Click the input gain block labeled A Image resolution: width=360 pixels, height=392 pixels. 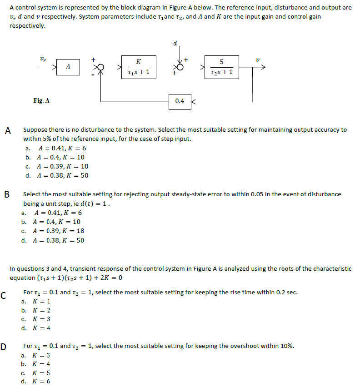click(68, 66)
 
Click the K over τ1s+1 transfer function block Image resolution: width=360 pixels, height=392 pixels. click(139, 67)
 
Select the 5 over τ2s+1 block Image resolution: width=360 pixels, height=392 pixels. click(221, 67)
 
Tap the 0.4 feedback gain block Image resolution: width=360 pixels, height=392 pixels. click(180, 101)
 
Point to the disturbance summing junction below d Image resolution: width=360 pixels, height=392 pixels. click(180, 67)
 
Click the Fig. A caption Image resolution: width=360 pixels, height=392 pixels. click(41, 100)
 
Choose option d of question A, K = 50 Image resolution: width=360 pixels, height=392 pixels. click(57, 175)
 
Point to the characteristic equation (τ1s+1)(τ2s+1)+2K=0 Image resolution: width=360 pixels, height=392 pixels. click(66, 278)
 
